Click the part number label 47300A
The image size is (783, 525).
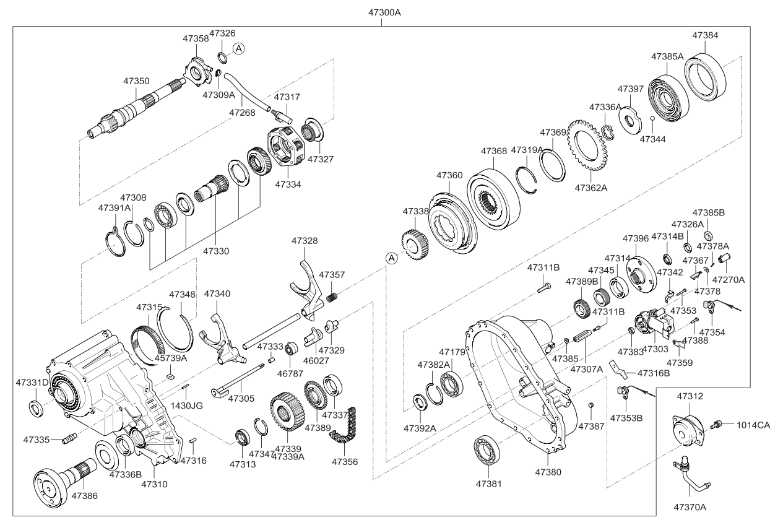click(381, 12)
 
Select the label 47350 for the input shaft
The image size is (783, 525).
click(136, 81)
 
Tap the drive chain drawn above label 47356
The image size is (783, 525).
click(342, 428)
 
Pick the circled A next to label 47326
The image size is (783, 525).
click(239, 48)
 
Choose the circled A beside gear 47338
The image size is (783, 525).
click(391, 258)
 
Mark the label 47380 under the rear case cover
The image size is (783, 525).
click(548, 472)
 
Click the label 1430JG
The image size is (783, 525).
click(187, 406)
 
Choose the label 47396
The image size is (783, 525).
click(636, 238)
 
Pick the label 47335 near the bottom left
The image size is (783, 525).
click(37, 439)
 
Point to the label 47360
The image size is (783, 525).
click(449, 176)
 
